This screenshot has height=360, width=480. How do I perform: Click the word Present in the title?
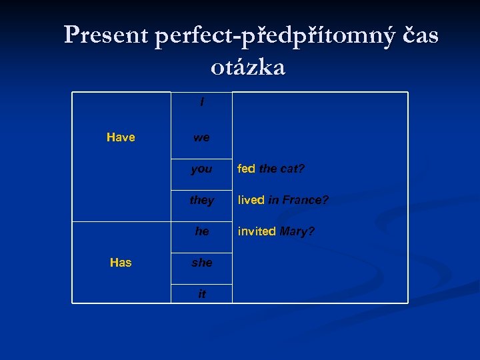coord(106,36)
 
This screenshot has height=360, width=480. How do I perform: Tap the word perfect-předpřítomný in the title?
coord(270,36)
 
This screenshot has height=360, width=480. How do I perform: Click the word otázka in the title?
coord(247,67)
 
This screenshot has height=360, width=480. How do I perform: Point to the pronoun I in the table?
coord(201,103)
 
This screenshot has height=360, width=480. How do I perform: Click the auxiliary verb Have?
coord(121,137)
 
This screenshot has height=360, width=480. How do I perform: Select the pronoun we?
coord(201,138)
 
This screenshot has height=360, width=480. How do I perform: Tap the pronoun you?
coord(201,169)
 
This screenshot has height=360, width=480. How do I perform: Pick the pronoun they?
coord(201,200)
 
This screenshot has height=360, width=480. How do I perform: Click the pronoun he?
coord(201,231)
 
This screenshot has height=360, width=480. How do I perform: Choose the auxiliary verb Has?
coord(121,263)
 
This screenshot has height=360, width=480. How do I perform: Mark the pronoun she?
coord(201,263)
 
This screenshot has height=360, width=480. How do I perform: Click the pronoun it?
coord(201,294)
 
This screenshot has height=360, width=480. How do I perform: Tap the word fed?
coord(246,169)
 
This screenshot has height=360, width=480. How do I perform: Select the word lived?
coord(251,200)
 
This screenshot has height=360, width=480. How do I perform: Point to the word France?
coord(305,200)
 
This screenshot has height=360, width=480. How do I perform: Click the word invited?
coord(256,231)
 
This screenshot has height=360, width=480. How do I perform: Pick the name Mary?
coord(297,231)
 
